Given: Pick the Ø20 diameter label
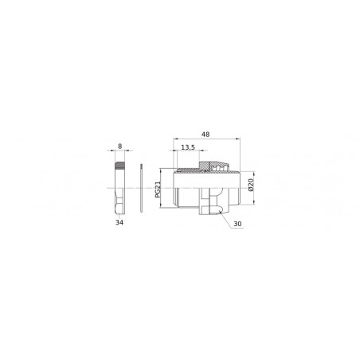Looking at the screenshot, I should (x=250, y=187).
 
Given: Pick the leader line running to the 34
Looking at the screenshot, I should (x=120, y=216).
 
